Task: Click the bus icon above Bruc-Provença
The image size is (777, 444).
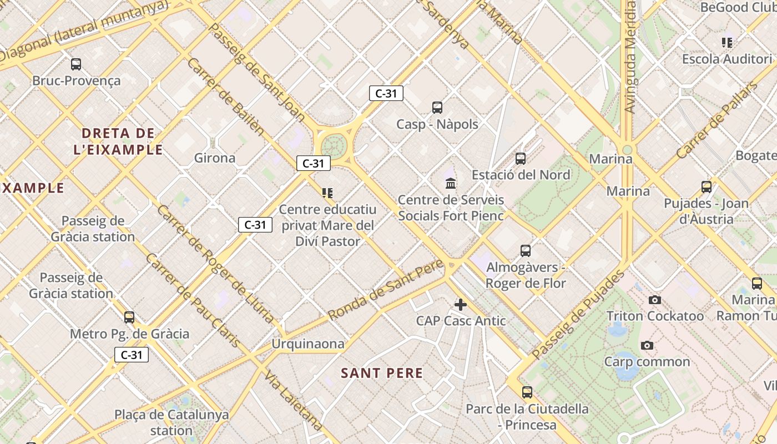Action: coord(76,64)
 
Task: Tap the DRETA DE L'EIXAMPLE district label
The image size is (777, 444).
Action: coord(118,142)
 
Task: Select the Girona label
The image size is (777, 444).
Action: coord(215,158)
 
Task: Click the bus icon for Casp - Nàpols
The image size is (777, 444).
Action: coord(437,108)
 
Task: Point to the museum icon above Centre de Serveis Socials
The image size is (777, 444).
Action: coord(451,183)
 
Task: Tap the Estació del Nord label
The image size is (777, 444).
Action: coord(521,175)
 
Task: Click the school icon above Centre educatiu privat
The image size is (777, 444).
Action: coord(327,193)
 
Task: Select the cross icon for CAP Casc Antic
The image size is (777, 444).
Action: coord(460,304)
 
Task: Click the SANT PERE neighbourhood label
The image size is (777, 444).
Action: coord(382,373)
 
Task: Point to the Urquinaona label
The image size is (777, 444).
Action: coord(308,344)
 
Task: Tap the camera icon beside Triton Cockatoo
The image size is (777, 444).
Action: coord(655,300)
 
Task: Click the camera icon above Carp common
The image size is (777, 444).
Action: coord(647,346)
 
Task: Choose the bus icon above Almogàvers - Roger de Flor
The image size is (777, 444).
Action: coord(526,251)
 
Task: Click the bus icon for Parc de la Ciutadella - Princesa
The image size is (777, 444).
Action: coord(527,392)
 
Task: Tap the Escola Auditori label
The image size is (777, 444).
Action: coord(727,59)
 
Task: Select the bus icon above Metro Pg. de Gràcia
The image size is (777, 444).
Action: coord(129,317)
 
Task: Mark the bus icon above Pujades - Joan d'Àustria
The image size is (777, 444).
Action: coord(707,187)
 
